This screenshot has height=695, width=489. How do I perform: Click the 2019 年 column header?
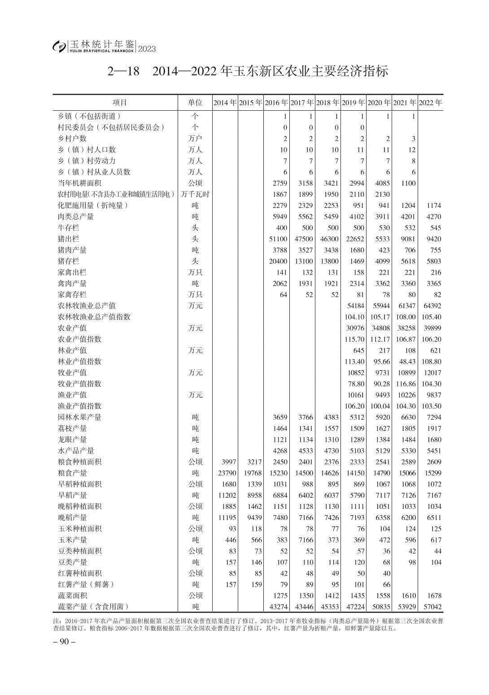(353, 103)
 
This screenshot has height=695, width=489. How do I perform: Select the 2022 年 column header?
(430, 103)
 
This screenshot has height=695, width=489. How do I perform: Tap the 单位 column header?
(195, 103)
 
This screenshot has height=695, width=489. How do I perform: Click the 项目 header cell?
(120, 103)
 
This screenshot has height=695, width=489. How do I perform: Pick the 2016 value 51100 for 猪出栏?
(278, 239)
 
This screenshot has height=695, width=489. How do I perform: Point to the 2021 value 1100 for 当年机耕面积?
(408, 183)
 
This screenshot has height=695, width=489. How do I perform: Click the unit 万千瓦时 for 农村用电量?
(196, 195)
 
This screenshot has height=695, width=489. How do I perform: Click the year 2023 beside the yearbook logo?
(147, 49)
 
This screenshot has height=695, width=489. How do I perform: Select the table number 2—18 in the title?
(124, 72)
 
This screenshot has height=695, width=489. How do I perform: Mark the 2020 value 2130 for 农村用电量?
(381, 195)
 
